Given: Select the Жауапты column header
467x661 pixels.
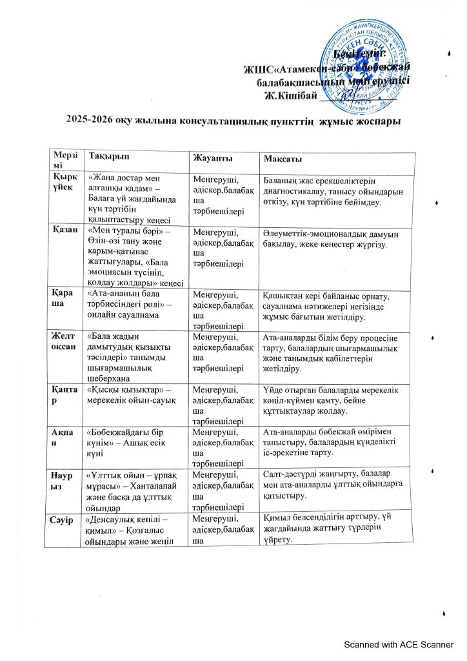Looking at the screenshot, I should (214, 159).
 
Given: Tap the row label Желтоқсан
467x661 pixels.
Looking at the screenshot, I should (66, 340).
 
